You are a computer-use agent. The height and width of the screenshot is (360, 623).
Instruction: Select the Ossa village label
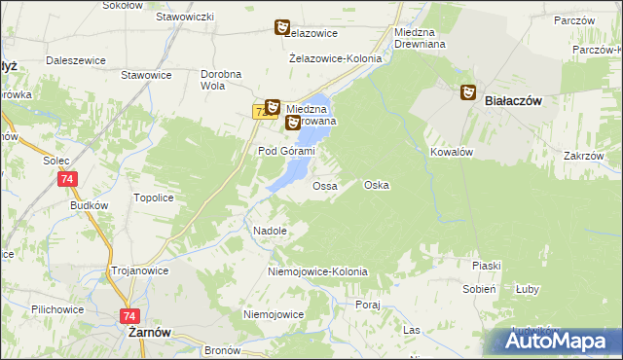click(x=325, y=185)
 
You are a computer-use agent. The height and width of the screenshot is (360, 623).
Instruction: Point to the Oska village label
click(x=377, y=185)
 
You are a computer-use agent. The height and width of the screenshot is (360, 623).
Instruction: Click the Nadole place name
click(x=270, y=232)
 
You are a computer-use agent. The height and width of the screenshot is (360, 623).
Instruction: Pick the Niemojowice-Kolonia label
click(x=317, y=271)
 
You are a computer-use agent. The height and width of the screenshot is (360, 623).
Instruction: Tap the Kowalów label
click(x=452, y=153)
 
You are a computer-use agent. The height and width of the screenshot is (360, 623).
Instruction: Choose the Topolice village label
click(x=153, y=198)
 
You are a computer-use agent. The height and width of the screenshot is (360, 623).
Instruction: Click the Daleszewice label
click(x=75, y=60)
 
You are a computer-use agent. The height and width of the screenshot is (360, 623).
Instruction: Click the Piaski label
click(x=486, y=266)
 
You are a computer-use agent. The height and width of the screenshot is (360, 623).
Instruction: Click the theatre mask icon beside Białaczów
click(x=467, y=92)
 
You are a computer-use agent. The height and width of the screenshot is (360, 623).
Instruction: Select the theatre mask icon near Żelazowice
click(x=282, y=28)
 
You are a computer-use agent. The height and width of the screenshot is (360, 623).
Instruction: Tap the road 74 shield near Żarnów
click(x=128, y=315)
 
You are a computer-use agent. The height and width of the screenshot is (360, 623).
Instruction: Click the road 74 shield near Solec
click(x=66, y=179)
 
